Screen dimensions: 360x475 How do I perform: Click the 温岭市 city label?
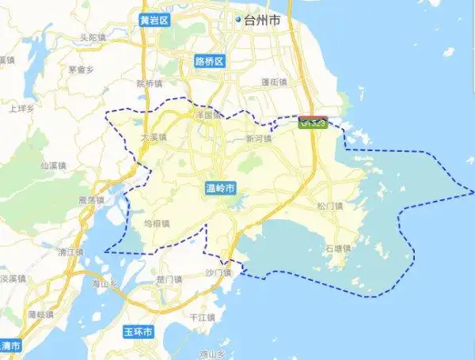click(x=220, y=188)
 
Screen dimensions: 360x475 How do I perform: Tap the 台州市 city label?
click(x=264, y=21)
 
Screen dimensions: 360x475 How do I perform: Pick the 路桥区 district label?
click(x=210, y=61)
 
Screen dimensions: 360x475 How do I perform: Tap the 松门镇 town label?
click(x=329, y=207)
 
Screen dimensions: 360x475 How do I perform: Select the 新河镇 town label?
click(x=258, y=138)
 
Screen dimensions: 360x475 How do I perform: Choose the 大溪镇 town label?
click(x=154, y=138)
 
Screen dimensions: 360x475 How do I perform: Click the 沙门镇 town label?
click(x=217, y=273)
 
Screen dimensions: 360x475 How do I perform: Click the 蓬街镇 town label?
click(x=273, y=81)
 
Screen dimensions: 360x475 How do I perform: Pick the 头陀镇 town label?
click(x=93, y=38)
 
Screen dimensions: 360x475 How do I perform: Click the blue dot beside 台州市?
click(x=237, y=21)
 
